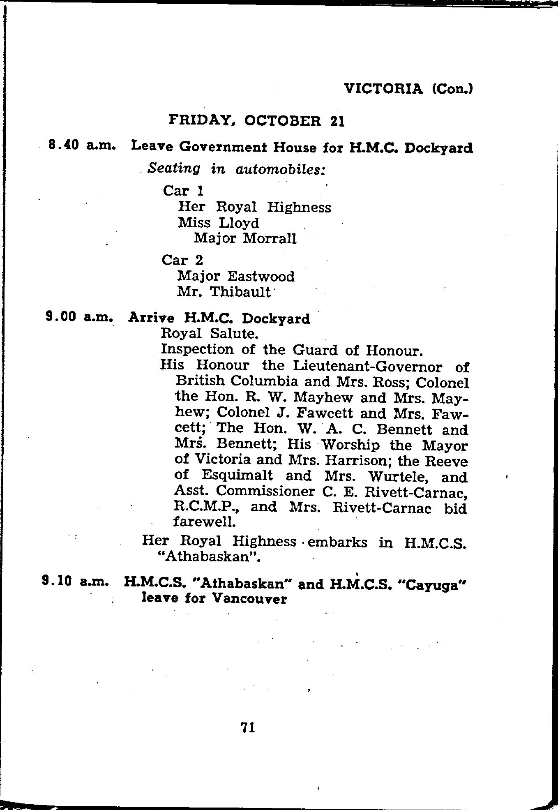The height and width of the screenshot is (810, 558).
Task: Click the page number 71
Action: point(248,728)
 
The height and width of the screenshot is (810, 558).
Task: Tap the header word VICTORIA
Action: point(384,89)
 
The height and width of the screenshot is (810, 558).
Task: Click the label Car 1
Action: point(183,191)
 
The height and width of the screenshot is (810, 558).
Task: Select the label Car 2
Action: point(182,260)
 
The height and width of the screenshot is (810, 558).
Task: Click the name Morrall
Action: point(270,238)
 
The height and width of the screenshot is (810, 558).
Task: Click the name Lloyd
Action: point(239,223)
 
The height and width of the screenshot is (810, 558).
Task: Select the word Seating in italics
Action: point(175,168)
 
